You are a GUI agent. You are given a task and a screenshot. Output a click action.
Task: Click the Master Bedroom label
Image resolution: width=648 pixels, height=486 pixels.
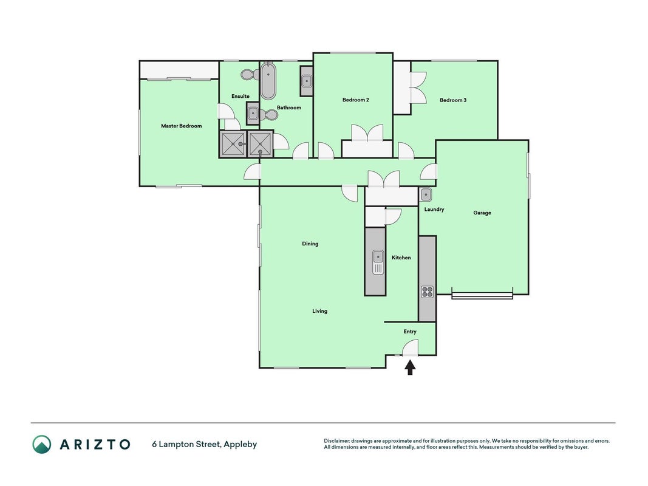click(182, 126)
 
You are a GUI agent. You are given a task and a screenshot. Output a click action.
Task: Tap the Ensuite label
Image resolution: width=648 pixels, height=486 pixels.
click(240, 97)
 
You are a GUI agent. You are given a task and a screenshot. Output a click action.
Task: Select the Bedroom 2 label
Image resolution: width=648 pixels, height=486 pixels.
click(356, 100)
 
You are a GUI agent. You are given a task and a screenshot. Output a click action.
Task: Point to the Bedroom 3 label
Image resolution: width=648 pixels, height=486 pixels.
click(453, 100)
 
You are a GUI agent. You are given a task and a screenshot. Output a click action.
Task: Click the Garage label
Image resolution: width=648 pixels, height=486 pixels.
click(482, 213)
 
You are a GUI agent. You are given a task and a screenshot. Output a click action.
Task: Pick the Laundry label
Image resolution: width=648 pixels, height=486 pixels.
click(434, 210)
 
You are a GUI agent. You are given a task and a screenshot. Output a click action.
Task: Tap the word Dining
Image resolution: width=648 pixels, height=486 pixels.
click(310, 244)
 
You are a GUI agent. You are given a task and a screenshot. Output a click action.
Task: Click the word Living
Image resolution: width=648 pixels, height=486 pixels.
click(320, 311)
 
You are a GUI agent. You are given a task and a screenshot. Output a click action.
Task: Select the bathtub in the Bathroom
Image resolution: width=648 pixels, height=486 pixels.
click(268, 81)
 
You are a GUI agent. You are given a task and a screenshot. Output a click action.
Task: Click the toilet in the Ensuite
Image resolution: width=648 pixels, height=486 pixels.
click(249, 75)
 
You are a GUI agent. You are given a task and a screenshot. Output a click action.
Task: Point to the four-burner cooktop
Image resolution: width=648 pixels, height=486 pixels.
click(428, 292)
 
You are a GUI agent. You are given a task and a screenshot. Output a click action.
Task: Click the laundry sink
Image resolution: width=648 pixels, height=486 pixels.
click(426, 194)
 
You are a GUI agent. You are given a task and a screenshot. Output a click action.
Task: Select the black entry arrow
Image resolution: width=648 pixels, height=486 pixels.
click(409, 368)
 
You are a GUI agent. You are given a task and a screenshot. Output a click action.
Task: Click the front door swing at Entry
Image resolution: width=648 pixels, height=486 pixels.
click(411, 347)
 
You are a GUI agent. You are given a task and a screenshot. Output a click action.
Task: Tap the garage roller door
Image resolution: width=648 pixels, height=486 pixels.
click(482, 295)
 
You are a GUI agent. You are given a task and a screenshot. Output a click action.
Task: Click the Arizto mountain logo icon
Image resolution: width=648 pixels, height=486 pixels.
click(42, 445)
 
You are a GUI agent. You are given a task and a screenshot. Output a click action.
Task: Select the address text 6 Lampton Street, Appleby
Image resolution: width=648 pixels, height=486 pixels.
click(205, 445)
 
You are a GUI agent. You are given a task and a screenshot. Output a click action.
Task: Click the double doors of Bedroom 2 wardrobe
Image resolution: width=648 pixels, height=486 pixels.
click(367, 134)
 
